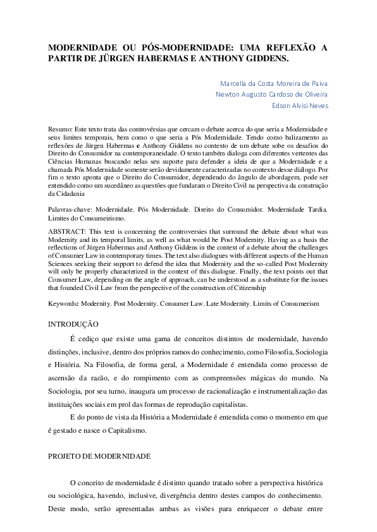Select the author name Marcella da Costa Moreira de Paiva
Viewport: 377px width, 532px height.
pos(273,83)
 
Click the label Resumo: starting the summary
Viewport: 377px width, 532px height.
pos(61,128)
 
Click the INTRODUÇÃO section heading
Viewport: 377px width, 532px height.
pos(73,325)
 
